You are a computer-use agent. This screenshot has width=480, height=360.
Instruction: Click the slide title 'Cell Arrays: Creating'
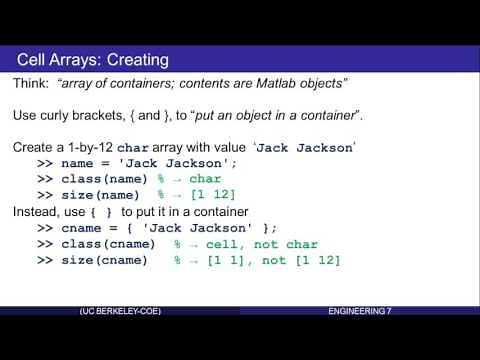[x=93, y=60]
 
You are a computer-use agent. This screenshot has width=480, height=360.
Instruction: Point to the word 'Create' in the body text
[x=35, y=147]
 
